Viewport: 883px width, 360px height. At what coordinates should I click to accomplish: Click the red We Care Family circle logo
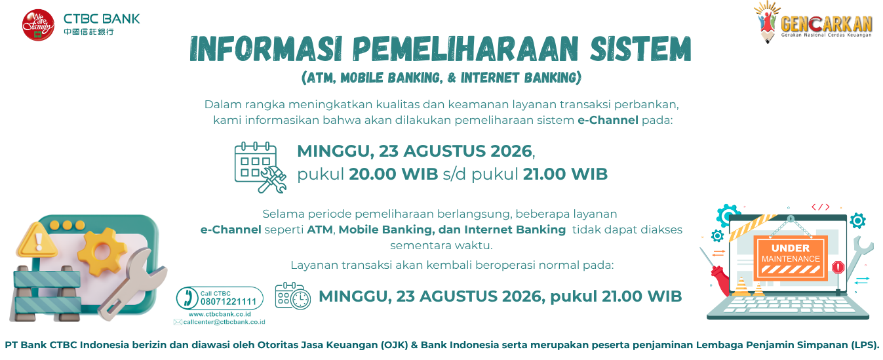38,25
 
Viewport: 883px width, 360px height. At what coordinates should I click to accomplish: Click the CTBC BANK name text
102,19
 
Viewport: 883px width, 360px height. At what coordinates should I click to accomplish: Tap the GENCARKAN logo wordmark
826,24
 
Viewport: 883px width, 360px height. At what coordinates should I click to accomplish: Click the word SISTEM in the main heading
640,49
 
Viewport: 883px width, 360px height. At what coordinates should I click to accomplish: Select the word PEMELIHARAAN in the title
465,49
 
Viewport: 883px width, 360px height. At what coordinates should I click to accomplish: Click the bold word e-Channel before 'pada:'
608,120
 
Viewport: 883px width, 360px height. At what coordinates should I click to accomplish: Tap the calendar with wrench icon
260,167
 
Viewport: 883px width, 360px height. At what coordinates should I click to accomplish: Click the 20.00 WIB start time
393,174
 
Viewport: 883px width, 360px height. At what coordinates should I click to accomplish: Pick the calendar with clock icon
293,296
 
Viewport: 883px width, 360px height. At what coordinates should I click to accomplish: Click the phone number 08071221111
228,302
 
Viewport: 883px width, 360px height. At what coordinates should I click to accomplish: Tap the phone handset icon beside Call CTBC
187,298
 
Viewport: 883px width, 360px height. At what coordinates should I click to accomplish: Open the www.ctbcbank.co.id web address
220,314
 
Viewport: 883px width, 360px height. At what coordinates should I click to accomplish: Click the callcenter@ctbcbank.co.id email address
224,322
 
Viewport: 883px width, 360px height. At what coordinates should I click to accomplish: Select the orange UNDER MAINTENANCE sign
790,258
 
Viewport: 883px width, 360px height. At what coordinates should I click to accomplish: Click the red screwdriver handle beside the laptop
720,281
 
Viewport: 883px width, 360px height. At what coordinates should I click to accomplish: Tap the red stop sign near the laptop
838,268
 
